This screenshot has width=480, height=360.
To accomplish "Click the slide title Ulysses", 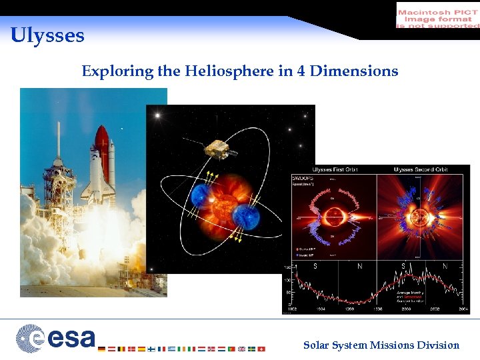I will pos(47,35).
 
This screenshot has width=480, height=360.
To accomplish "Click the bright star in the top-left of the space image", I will pos(159,116).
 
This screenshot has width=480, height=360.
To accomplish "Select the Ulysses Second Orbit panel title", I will pos(421,169).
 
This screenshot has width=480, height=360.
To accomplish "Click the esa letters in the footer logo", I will pos(70,337).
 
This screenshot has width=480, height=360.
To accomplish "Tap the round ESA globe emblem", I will pos(30,337).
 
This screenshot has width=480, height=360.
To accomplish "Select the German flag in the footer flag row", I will pos(101,349).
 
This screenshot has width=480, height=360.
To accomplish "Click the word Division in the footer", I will pos(438,345).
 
